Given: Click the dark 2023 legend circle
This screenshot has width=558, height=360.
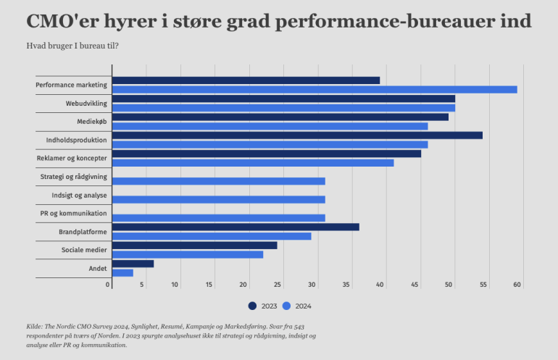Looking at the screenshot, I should click(252, 306).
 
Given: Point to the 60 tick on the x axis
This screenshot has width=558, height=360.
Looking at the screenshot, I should click(517, 285).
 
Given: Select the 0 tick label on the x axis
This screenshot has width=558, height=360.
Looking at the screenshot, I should click(109, 285).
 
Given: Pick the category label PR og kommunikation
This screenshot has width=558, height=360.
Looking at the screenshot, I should click(73, 214).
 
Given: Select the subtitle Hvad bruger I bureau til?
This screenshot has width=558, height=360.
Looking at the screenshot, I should click(72, 46).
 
